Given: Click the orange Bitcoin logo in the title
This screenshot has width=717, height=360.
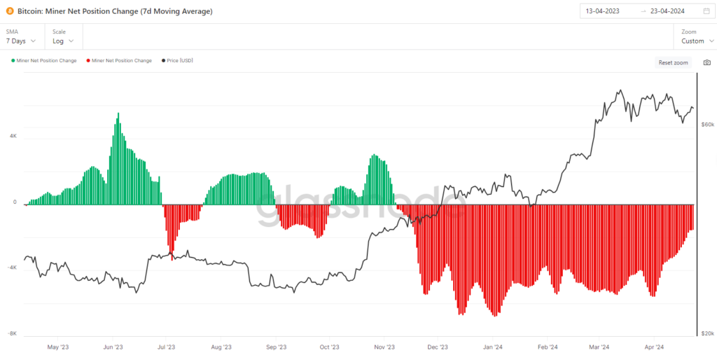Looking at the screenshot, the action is coord(10,11).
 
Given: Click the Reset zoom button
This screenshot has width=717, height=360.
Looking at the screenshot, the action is coord(673,62).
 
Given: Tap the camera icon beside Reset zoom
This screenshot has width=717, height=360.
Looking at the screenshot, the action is coord(707,62).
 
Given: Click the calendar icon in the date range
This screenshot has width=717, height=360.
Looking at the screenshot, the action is coord(706,11).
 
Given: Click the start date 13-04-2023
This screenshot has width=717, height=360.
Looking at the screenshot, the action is coord(603,11).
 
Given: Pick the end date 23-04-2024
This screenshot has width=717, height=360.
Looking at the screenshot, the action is coord(667,11).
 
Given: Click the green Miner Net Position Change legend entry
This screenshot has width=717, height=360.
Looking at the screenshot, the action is coord(44,60).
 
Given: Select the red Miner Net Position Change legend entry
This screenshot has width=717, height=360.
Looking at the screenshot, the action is coord(119,60).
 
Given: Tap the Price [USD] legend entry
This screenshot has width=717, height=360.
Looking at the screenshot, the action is coord(177,60).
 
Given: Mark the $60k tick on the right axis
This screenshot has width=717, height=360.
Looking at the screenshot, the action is coord(707,125).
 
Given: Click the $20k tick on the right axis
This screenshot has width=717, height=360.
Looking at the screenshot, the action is coord(707,333).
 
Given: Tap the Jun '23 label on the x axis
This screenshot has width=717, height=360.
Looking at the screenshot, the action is coord(113,347).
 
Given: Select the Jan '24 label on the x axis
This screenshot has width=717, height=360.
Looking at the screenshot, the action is coord(494,347).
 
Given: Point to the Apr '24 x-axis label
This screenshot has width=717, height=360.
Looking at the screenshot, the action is coord(654,347).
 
